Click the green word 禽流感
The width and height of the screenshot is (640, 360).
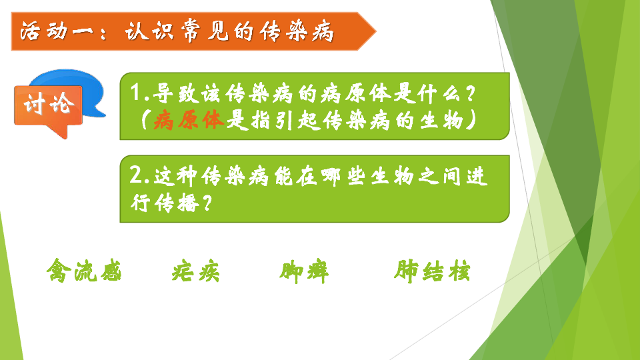[x=84, y=270]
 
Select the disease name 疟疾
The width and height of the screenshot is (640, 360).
[x=195, y=272]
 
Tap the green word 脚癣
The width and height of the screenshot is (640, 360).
[x=304, y=272]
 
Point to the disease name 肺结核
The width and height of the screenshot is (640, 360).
[x=432, y=271]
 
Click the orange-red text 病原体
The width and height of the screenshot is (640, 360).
[x=189, y=120]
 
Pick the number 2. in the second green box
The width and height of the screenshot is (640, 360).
[x=139, y=175]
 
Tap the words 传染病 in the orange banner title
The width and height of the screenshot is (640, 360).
[x=297, y=32]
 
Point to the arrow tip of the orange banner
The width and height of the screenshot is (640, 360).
[x=375, y=31]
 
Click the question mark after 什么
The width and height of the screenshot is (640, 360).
[x=470, y=93]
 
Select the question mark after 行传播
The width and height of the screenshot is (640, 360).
[x=207, y=203]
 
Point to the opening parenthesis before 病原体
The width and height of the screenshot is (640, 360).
[x=145, y=121]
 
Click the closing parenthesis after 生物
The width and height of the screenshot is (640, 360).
[x=472, y=121]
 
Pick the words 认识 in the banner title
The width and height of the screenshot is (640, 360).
[x=149, y=32]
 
